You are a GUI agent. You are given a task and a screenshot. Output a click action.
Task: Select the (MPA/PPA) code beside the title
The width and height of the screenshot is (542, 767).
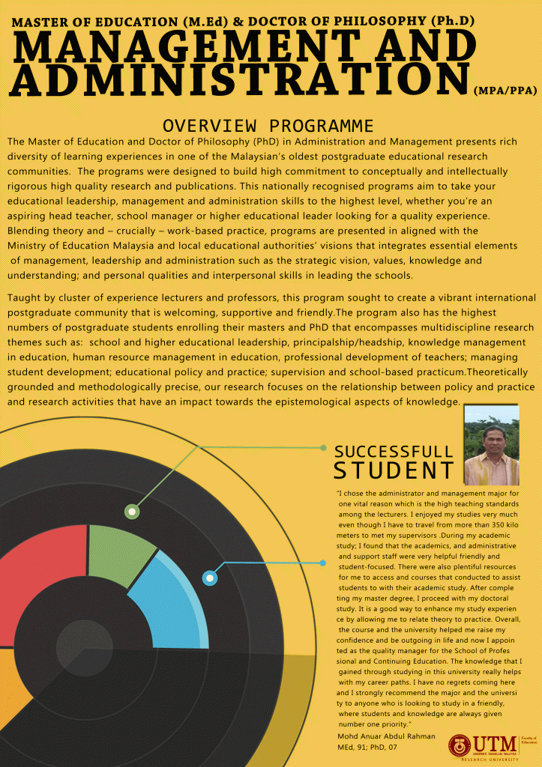[x=505, y=91]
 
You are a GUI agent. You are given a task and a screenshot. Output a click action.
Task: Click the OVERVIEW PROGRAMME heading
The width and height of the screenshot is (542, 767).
[x=268, y=125]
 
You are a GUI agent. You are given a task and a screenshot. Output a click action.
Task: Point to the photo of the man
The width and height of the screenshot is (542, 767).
[x=491, y=445]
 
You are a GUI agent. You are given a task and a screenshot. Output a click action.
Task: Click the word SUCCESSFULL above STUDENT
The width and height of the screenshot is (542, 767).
[x=394, y=452]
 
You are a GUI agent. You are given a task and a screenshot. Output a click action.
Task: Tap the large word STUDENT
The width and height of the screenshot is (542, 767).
[x=394, y=471]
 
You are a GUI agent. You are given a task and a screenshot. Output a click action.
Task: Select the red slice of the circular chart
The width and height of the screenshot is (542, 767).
[x=41, y=584]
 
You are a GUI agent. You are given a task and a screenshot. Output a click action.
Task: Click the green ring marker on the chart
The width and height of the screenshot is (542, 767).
[x=132, y=512]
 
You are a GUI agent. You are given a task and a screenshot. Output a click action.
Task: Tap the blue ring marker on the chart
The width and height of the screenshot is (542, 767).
[x=210, y=577]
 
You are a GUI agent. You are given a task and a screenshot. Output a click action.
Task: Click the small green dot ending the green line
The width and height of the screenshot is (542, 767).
[x=323, y=448]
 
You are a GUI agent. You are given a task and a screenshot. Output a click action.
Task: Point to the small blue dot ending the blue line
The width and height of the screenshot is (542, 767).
[x=323, y=562]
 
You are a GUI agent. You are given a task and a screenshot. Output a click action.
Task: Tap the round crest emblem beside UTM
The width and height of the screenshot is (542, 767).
[x=460, y=745]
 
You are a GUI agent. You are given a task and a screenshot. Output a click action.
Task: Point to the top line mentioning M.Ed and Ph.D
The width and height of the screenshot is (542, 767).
[x=244, y=22]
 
